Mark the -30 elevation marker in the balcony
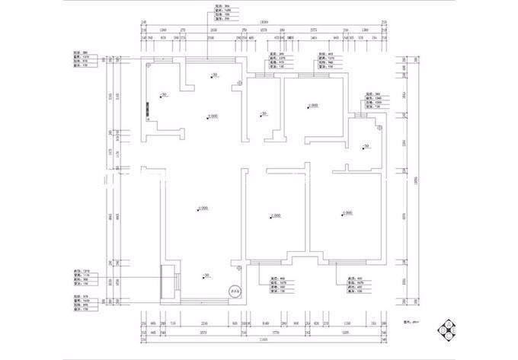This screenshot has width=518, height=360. pos(203,275)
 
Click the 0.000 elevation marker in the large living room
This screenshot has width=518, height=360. pos(201,208)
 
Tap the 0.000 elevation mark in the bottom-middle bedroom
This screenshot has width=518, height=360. pos(273,216)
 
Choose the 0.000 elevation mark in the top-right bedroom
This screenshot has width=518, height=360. pos(311,106)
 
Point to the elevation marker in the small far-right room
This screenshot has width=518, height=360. pos(365,145)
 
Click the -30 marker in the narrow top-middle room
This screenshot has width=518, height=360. pos(261,114)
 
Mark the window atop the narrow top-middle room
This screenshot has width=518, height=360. pos(264,74)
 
